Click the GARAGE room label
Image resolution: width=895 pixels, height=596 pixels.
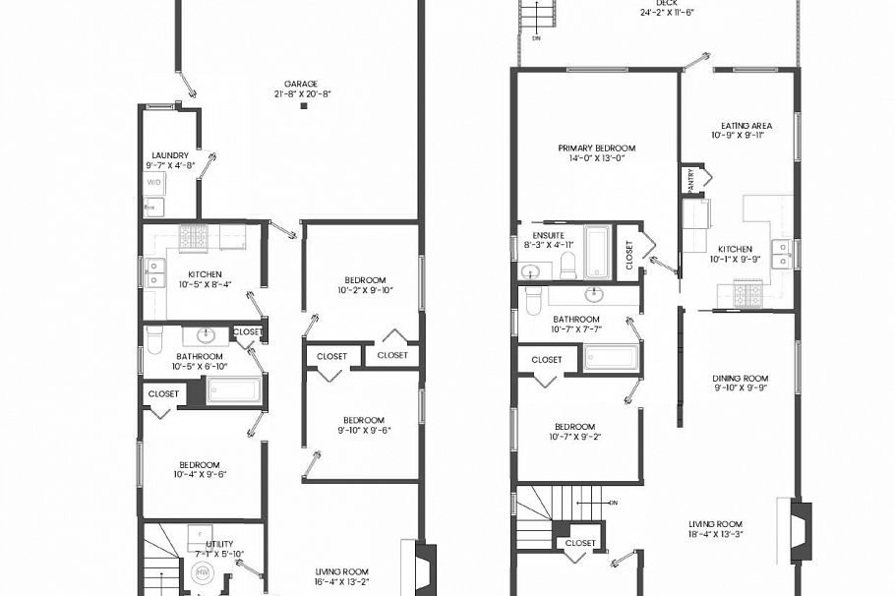pyautogui.click(x=301, y=85)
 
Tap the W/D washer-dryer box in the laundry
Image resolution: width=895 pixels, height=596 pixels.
pyautogui.click(x=154, y=183)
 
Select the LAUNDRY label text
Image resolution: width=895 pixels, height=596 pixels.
pyautogui.click(x=169, y=155)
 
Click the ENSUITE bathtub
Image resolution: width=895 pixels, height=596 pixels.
pyautogui.click(x=597, y=252)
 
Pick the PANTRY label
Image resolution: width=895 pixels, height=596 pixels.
pyautogui.click(x=690, y=181)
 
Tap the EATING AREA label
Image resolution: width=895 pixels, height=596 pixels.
pyautogui.click(x=746, y=126)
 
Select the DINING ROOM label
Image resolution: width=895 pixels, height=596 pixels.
pyautogui.click(x=740, y=379)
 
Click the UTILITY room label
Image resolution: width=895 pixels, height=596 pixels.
pyautogui.click(x=219, y=544)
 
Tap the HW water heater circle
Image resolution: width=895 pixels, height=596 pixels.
pyautogui.click(x=203, y=572)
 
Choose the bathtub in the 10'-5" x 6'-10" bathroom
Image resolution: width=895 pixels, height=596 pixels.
pyautogui.click(x=234, y=390)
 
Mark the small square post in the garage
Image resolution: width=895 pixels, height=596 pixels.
pyautogui.click(x=304, y=106)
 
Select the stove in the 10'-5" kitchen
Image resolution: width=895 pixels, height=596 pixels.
pyautogui.click(x=193, y=237)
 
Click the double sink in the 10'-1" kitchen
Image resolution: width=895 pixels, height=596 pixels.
pyautogui.click(x=780, y=253)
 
